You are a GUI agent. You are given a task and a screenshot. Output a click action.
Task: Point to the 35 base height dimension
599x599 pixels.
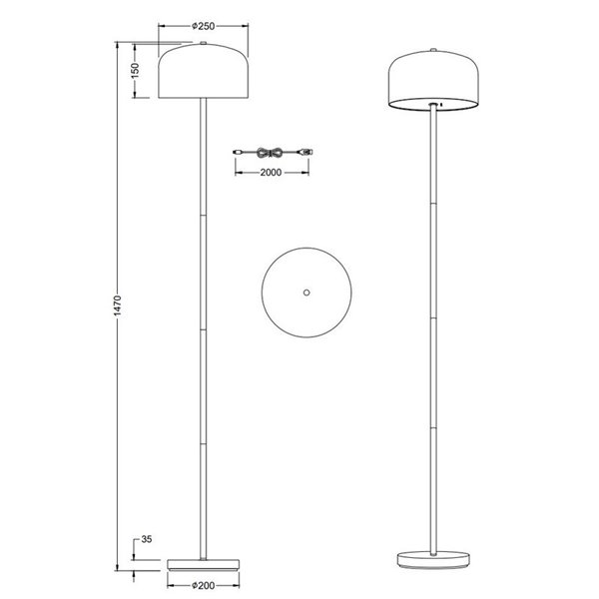click(x=146, y=540)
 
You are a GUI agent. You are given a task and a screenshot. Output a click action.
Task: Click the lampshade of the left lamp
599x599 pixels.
click(x=204, y=72)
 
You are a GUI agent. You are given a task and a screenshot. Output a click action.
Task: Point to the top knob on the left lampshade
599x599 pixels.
click(x=204, y=44)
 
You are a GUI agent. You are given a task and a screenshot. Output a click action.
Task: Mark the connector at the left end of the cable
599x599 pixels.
click(x=237, y=152)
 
